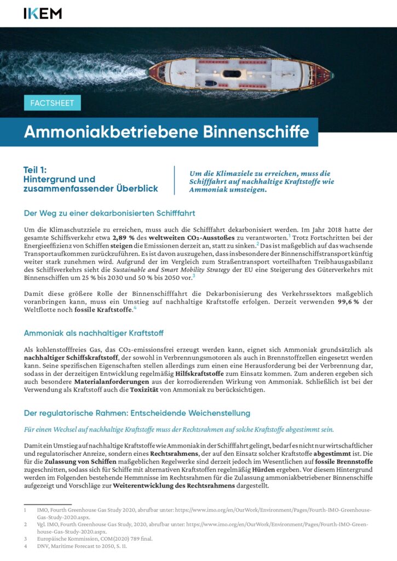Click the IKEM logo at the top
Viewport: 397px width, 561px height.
click(43, 13)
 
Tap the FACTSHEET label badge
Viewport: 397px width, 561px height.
click(53, 103)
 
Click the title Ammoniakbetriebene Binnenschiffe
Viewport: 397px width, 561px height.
click(166, 132)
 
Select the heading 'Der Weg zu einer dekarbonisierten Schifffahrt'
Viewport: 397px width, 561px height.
click(110, 213)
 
